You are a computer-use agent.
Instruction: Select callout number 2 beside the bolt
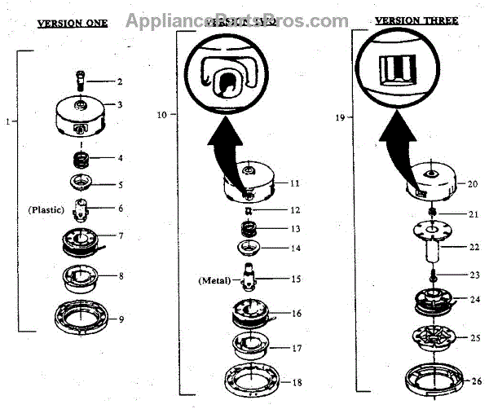point(119,81)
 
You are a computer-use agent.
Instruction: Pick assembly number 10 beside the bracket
point(161,115)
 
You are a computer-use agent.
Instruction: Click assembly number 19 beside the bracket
point(341,117)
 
